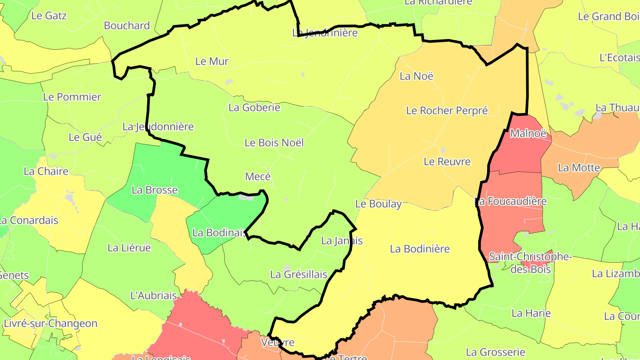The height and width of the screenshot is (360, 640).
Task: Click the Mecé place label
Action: (x=258, y=176)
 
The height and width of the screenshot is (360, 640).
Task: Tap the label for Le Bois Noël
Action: (x=274, y=143)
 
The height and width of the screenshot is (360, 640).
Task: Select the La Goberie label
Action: (x=254, y=107)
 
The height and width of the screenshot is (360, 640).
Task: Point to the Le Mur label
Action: (x=212, y=61)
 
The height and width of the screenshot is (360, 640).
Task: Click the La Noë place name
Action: (x=416, y=76)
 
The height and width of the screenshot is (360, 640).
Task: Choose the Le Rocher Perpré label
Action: (x=447, y=111)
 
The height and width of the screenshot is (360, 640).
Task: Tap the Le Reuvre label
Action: (x=447, y=161)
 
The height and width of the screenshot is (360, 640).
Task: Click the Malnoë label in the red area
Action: (x=528, y=133)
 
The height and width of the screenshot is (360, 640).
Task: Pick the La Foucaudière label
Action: (x=511, y=201)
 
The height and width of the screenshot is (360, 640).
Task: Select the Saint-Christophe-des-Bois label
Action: (x=523, y=263)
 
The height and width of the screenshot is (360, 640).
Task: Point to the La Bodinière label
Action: (x=420, y=249)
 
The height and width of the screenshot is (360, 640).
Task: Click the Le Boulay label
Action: (x=378, y=204)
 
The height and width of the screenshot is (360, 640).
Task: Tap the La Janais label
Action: (x=341, y=241)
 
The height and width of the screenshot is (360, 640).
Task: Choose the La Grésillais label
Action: (x=299, y=275)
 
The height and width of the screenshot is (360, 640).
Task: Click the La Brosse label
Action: (x=155, y=190)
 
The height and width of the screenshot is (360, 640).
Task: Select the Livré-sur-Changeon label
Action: (x=50, y=323)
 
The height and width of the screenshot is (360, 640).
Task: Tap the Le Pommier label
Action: (x=72, y=97)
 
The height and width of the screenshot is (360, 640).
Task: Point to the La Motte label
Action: (x=579, y=168)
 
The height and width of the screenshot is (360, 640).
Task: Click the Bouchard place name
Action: (x=127, y=25)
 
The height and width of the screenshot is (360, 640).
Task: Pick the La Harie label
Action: (x=531, y=313)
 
